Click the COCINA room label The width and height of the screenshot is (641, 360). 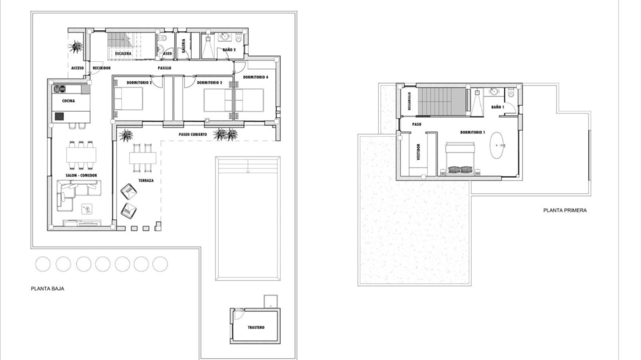[x=68, y=101]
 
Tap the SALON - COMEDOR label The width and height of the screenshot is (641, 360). [x=81, y=176]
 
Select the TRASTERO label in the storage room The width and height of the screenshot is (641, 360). [x=256, y=327]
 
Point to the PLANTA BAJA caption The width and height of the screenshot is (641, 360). [x=47, y=288]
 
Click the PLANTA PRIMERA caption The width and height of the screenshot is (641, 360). [x=565, y=210]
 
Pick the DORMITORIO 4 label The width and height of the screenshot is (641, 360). [x=255, y=77]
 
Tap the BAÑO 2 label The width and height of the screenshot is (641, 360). [x=229, y=50]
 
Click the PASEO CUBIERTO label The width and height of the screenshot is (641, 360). [x=192, y=134]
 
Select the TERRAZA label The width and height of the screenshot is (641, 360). [x=146, y=180]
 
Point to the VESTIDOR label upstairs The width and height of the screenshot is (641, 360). [x=418, y=151]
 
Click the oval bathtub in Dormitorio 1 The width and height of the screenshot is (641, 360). [x=497, y=145]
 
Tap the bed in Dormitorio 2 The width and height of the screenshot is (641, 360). [x=128, y=99]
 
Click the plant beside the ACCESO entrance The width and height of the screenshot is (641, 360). [x=76, y=47]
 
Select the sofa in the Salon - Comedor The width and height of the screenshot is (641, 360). [x=78, y=195]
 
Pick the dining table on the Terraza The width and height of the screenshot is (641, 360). [x=143, y=158]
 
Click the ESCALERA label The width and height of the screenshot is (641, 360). [x=123, y=54]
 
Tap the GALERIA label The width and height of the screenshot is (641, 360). [x=184, y=46]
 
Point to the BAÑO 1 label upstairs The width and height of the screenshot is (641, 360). [x=498, y=107]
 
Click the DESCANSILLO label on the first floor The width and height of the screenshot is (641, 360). [x=409, y=101]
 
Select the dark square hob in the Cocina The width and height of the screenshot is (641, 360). [x=59, y=117]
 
